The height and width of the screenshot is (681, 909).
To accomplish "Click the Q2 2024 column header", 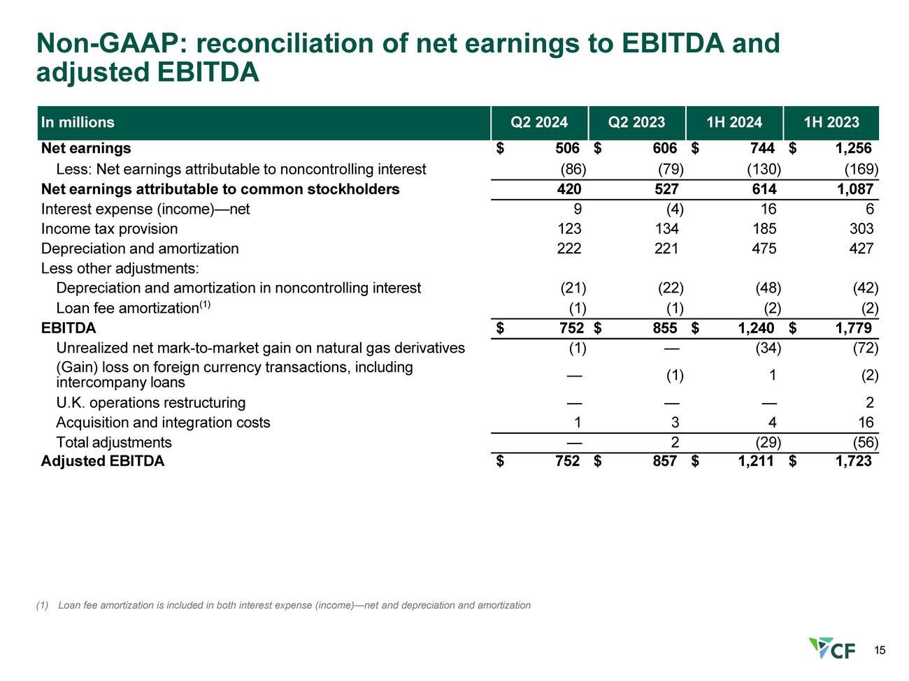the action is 539,122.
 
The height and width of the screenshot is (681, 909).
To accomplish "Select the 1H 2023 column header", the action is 831,122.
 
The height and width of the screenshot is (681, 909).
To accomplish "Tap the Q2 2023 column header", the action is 636,122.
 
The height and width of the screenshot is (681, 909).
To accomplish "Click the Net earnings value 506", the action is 567,148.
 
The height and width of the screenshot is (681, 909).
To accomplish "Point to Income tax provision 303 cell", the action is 861,228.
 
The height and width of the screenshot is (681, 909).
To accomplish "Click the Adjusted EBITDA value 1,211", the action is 756,460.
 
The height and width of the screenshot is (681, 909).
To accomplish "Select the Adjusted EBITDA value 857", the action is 665,460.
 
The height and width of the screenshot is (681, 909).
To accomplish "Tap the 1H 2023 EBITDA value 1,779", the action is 853,328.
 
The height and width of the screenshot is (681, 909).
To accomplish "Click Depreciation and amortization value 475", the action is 764,249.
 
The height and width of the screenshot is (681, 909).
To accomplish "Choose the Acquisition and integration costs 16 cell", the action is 866,422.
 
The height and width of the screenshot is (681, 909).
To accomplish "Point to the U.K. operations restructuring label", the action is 151,402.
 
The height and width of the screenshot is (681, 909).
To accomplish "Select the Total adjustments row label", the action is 114,442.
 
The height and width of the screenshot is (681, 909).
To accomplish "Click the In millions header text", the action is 78,122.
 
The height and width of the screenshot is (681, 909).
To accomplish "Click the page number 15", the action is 880,650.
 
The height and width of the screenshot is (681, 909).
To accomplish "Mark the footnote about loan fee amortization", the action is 283,606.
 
